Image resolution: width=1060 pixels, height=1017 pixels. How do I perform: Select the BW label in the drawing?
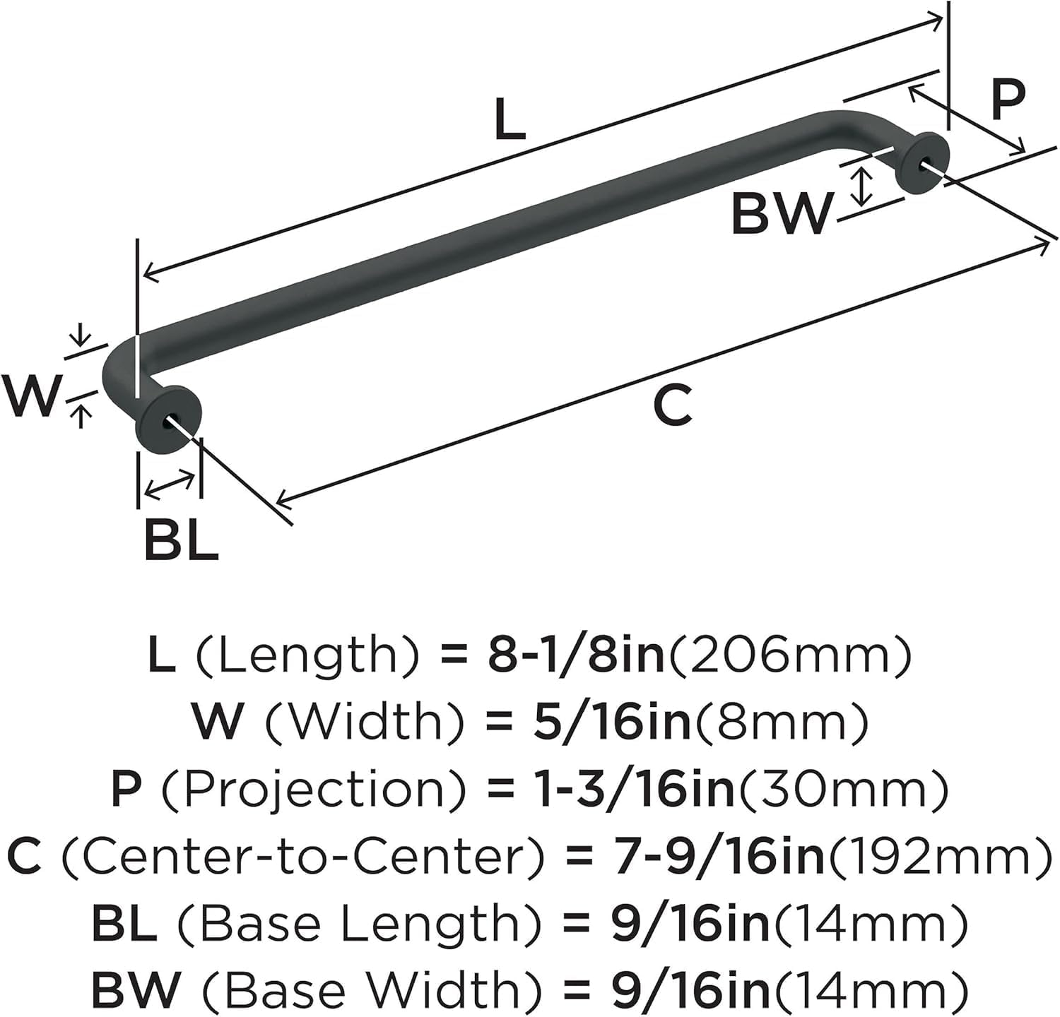pyautogui.click(x=781, y=213)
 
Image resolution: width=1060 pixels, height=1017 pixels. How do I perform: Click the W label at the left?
pyautogui.click(x=30, y=395)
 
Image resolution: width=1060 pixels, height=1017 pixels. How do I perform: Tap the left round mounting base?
pyautogui.click(x=167, y=422)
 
